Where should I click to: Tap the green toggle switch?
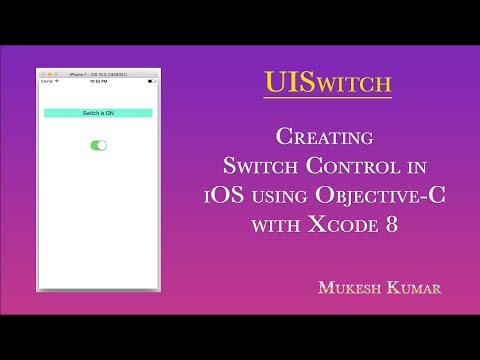(98, 146)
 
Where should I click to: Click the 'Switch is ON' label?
(98, 114)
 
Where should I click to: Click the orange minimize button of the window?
(50, 74)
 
